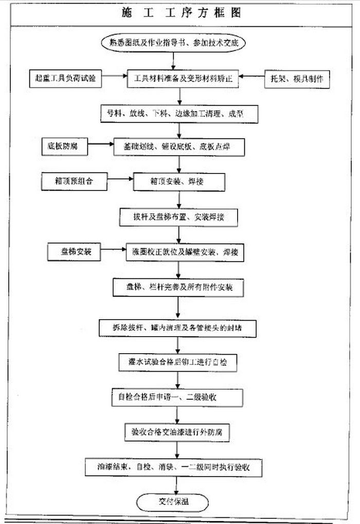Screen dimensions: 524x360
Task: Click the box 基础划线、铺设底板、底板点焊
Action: coord(179,147)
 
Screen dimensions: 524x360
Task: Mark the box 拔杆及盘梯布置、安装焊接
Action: coord(178,217)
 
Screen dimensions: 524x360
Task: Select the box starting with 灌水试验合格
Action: coord(177,362)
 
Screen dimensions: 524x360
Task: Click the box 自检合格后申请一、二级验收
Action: coord(177,397)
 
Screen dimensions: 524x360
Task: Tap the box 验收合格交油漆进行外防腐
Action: coord(177,431)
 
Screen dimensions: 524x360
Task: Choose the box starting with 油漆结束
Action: coord(177,467)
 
